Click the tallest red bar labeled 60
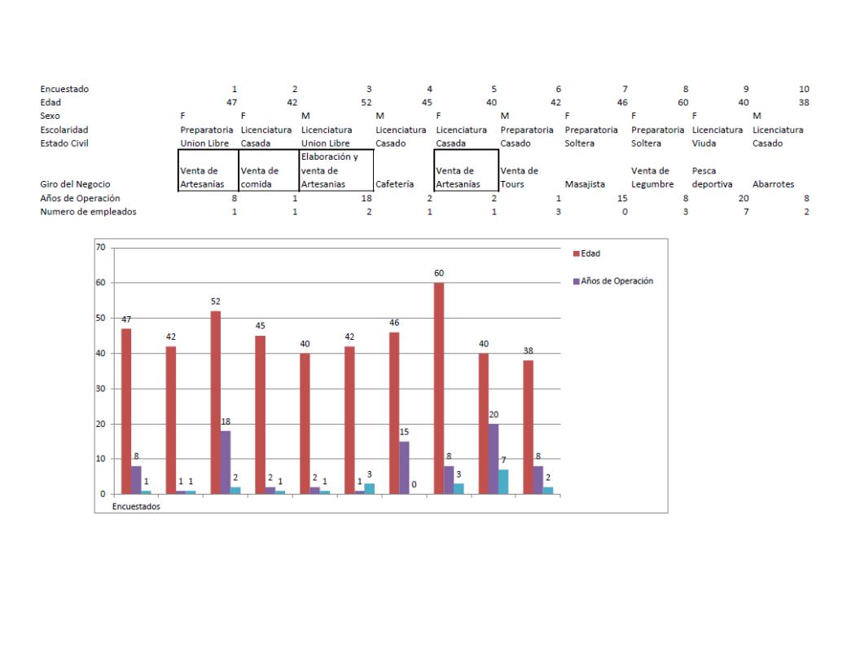coord(440,388)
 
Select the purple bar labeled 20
coord(494,459)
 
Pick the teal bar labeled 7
coord(503,482)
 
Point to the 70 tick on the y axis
coord(101,247)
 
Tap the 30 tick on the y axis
coord(101,389)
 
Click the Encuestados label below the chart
coord(136,506)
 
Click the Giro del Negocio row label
coord(75,184)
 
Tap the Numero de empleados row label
coord(88,212)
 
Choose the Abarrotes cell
coord(774,184)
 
